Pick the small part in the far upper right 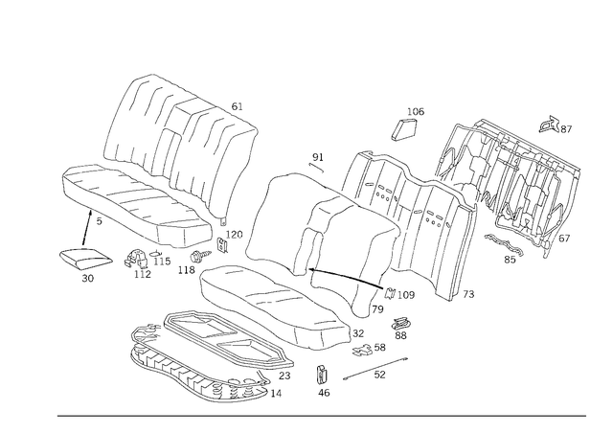556,125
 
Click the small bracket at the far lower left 80,259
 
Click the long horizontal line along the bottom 321,416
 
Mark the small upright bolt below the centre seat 326,378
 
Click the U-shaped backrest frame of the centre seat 287,220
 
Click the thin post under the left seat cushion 93,230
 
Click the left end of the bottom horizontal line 57,416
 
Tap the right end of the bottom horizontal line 586,416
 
